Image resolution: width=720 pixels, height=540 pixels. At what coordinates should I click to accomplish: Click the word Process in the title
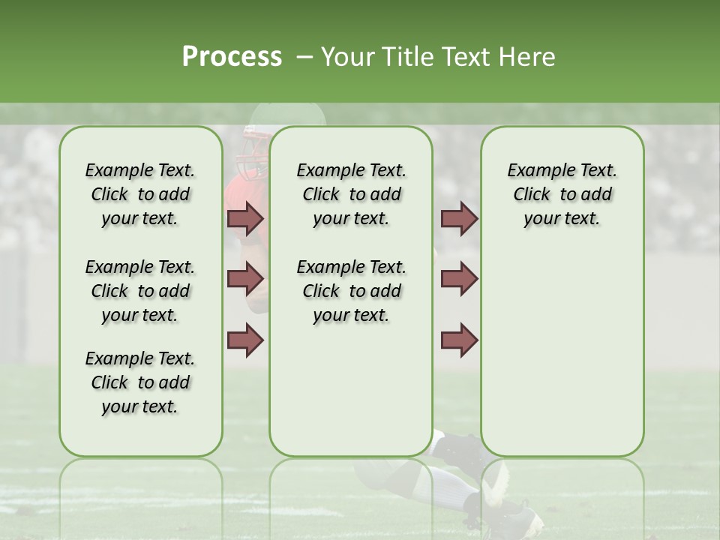232,57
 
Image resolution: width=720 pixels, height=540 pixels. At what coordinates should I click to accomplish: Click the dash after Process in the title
304,58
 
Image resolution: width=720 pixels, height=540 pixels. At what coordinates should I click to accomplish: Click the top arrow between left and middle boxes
245,218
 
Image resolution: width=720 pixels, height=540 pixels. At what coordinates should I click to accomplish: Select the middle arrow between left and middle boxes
245,279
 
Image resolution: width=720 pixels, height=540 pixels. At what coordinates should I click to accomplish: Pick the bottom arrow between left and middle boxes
245,340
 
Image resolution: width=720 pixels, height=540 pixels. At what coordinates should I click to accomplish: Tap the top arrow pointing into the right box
459,218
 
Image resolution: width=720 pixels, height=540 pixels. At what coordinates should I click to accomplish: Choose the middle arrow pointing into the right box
459,279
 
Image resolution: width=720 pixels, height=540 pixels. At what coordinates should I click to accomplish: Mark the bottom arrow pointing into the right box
459,340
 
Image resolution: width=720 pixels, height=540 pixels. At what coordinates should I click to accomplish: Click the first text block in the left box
140,194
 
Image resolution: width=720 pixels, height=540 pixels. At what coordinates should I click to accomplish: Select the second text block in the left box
140,291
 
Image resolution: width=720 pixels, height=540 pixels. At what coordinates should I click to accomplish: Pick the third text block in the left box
140,382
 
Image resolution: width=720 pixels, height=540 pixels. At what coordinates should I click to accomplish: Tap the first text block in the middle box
351,194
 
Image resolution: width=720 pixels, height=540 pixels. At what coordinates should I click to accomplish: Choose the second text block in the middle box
351,291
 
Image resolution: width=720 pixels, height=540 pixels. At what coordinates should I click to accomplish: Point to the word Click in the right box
532,194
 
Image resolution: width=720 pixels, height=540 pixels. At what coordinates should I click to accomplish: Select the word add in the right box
597,194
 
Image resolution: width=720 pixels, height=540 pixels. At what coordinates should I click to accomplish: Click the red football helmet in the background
247,153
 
